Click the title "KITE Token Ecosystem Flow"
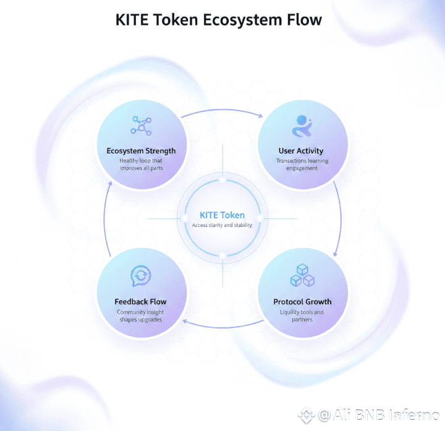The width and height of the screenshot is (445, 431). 219,20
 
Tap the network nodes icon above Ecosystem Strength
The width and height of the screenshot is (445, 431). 141,125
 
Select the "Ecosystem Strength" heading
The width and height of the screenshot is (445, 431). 141,150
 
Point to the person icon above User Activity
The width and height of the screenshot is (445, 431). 301,126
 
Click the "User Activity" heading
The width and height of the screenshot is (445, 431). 301,150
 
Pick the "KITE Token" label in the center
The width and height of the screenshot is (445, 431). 222,215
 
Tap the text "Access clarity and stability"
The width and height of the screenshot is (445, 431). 222,225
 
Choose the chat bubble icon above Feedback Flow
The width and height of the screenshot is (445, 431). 141,276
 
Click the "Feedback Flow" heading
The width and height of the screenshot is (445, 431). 141,302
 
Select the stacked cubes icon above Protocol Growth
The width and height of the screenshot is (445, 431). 302,276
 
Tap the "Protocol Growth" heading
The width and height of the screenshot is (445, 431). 302,302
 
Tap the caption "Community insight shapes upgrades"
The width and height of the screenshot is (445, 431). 141,316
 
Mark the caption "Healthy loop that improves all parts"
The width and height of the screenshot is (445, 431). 141,164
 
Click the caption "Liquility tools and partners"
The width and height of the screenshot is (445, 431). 302,315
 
